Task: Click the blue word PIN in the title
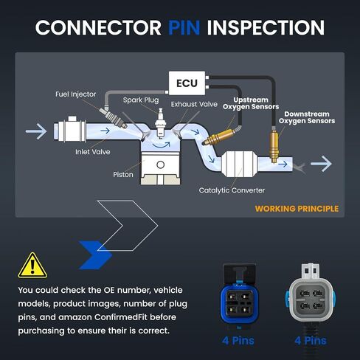184,27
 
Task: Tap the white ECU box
187,83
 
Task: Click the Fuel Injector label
76,94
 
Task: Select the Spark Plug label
141,100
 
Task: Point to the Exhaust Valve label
194,104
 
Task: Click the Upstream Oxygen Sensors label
251,103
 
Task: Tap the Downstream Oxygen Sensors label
307,117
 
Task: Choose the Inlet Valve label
93,152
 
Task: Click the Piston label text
123,175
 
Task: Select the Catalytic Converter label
232,190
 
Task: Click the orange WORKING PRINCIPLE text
297,209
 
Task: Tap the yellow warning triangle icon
32,266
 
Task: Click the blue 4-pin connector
238,297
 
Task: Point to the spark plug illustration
161,123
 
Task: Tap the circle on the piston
160,165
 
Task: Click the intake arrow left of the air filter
36,131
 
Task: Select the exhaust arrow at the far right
321,164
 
